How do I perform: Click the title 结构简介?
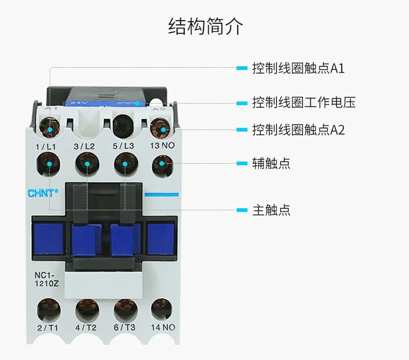click(x=205, y=26)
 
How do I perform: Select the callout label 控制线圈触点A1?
click(x=298, y=68)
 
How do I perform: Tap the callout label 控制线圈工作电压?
click(x=303, y=102)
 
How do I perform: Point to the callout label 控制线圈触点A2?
click(x=298, y=129)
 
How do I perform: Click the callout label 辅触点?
click(x=271, y=163)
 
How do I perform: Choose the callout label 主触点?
click(x=271, y=210)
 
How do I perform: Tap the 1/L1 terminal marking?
click(x=46, y=147)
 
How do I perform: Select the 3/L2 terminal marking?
click(x=84, y=147)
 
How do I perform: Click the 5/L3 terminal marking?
click(x=123, y=147)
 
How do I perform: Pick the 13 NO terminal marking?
click(x=162, y=146)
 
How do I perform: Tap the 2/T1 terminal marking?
click(x=47, y=327)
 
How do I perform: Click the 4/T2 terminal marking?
click(x=86, y=327)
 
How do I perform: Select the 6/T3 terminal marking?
click(x=125, y=327)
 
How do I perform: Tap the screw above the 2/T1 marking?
click(x=48, y=309)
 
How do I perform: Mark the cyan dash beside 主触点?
click(x=242, y=210)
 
